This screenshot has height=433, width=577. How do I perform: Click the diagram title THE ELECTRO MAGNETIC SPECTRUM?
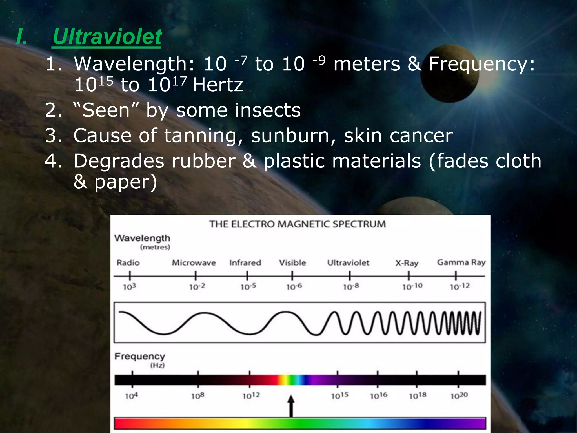[298, 224]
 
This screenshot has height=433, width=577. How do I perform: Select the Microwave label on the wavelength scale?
[194, 263]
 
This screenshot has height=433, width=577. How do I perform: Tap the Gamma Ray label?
[461, 262]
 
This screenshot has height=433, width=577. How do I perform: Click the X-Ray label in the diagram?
[407, 263]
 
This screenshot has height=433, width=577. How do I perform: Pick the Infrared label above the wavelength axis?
[245, 263]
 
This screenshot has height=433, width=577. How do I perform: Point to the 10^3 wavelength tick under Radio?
[130, 287]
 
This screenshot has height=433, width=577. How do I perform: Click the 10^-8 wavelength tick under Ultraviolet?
[351, 287]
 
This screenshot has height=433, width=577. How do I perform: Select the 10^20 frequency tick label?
[459, 396]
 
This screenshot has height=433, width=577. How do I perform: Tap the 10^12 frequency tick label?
[251, 396]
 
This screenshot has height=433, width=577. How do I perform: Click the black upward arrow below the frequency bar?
[291, 406]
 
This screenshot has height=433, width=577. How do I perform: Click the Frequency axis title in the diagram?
[139, 357]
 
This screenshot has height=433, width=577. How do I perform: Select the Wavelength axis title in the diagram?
[142, 238]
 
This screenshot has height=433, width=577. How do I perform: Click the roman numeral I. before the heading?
[22, 37]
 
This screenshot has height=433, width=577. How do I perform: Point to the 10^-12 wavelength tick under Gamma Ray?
[460, 287]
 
